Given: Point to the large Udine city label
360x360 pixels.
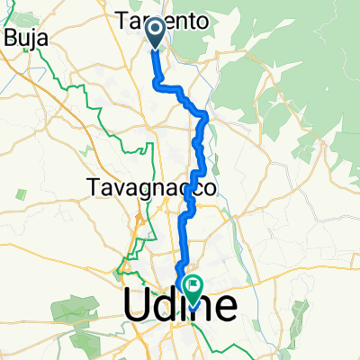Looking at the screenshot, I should pyautogui.click(x=180, y=305).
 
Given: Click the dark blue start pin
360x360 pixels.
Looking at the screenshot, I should pyautogui.click(x=155, y=31).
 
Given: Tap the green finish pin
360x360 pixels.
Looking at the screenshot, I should pyautogui.click(x=193, y=286).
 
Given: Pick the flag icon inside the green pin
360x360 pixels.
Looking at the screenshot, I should pyautogui.click(x=193, y=284).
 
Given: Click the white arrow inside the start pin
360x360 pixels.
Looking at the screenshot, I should pyautogui.click(x=155, y=30).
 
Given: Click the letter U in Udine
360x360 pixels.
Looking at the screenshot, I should pyautogui.click(x=136, y=305).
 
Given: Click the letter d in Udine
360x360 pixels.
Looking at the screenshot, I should pyautogui.click(x=166, y=305).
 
